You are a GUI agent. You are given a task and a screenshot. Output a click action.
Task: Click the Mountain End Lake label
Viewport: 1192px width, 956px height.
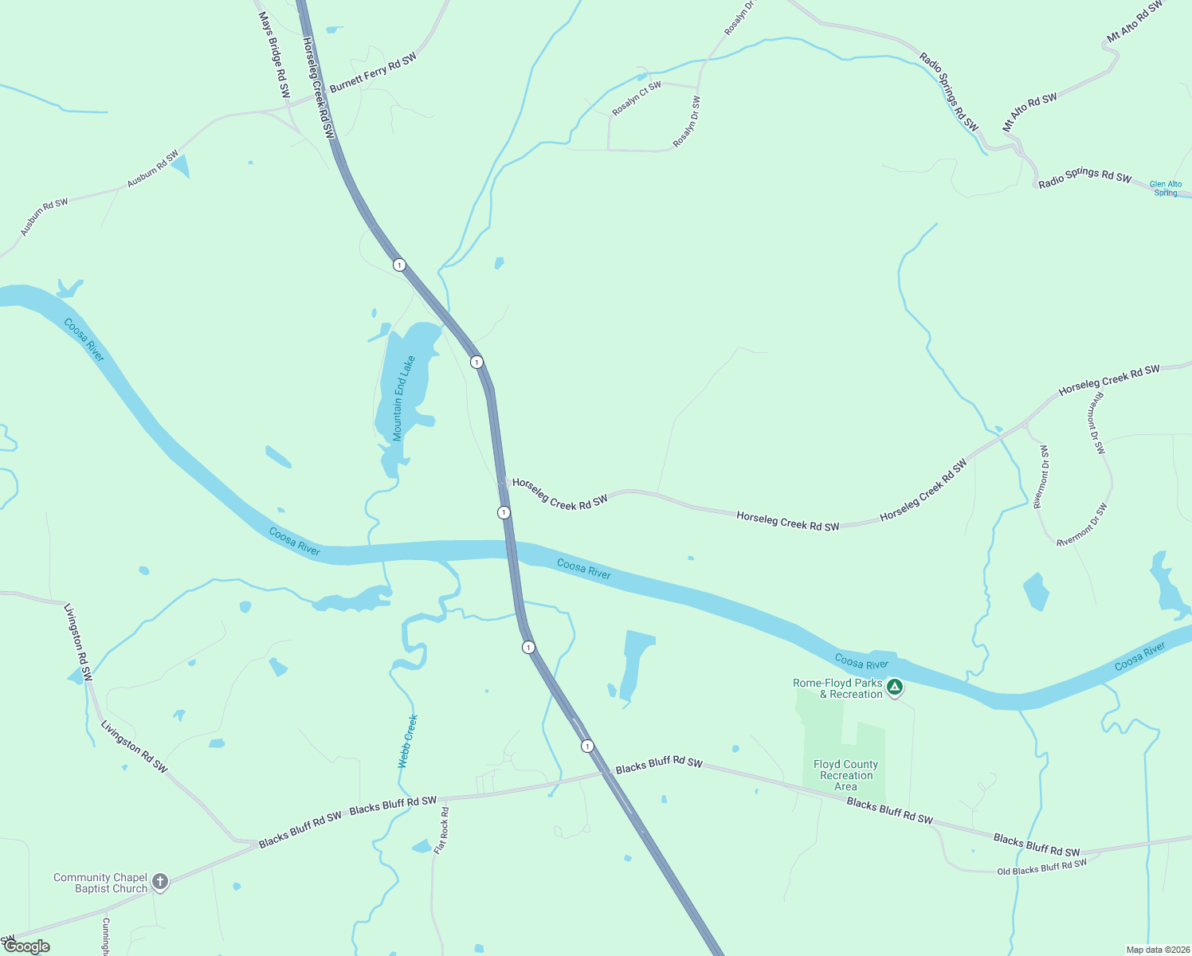(x=404, y=398)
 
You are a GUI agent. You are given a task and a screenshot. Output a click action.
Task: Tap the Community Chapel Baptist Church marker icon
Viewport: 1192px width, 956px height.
(x=160, y=881)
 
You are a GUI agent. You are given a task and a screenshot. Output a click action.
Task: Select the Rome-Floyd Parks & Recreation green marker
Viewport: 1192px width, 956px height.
(x=894, y=687)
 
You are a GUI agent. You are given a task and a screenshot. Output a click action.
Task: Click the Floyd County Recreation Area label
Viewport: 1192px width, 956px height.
(x=845, y=775)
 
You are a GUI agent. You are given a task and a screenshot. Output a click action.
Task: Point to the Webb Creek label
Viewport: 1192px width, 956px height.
(x=407, y=741)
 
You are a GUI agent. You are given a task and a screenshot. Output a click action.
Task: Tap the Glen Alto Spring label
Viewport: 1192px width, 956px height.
(x=1165, y=188)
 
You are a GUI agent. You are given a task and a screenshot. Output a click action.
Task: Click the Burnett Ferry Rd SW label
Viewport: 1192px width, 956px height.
(x=373, y=72)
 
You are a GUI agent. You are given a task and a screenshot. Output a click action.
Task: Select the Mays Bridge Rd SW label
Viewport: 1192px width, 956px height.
(x=274, y=54)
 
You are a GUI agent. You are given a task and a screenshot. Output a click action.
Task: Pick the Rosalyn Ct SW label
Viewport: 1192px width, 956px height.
(x=637, y=99)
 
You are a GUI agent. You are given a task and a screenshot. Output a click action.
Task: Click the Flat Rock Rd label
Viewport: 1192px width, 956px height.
(x=441, y=830)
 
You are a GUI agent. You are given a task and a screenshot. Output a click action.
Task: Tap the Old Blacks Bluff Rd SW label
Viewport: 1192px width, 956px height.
(x=1041, y=867)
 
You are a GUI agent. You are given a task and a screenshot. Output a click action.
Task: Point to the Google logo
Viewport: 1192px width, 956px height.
(x=27, y=946)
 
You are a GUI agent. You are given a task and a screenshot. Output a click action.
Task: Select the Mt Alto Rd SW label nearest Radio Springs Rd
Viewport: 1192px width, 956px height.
(x=1029, y=112)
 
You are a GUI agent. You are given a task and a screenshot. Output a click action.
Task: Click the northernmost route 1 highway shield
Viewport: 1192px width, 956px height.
(x=399, y=264)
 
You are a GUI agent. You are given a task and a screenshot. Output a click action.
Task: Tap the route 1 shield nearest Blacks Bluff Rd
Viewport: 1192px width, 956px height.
(x=587, y=746)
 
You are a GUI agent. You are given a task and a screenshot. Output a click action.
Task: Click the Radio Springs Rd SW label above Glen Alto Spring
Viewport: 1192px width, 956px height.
(x=1084, y=178)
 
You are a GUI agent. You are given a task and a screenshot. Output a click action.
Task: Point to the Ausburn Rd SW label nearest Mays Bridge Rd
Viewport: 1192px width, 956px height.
(x=153, y=169)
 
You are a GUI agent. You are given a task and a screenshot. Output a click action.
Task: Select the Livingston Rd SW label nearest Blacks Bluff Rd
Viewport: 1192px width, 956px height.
(x=134, y=746)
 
